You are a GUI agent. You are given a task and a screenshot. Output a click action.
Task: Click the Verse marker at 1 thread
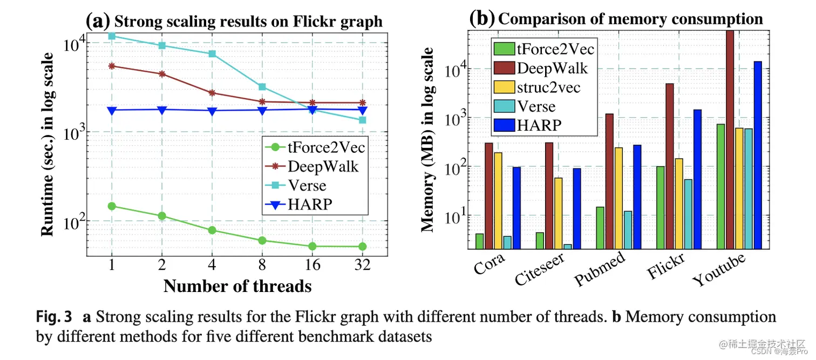(111, 36)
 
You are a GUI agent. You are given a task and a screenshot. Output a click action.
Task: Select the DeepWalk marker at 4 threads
(212, 93)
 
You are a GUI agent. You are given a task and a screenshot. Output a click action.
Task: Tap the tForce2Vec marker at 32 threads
(363, 247)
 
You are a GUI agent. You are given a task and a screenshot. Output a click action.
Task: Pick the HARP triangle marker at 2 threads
(161, 110)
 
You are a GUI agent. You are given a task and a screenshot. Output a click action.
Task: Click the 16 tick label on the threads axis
(312, 266)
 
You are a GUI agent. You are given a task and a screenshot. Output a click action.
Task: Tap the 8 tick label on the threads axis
(262, 266)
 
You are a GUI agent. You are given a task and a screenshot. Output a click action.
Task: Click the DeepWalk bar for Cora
(489, 195)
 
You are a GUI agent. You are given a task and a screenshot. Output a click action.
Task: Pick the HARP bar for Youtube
(758, 155)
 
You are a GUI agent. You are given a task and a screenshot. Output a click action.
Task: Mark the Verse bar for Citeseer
(567, 246)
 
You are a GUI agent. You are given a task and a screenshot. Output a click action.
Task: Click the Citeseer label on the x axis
(540, 269)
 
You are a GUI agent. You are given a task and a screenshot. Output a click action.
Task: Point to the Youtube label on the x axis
(718, 270)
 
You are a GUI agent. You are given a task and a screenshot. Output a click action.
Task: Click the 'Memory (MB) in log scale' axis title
(428, 139)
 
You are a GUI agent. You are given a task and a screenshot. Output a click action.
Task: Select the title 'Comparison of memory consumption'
(630, 19)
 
